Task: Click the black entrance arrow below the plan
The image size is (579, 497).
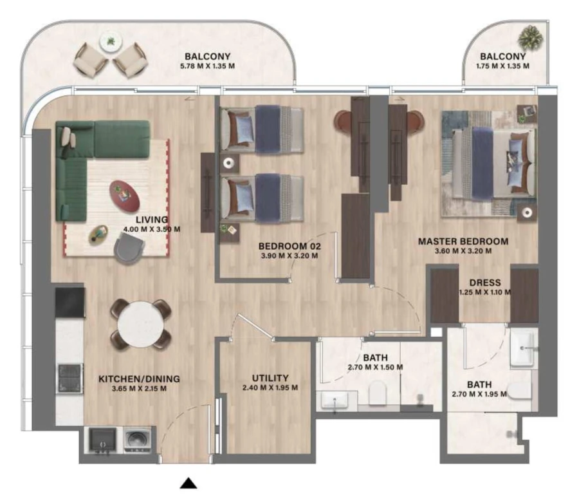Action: point(188,483)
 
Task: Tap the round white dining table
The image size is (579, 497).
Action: point(141,324)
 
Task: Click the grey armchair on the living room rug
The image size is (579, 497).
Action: point(129,247)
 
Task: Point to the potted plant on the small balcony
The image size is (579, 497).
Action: point(531,37)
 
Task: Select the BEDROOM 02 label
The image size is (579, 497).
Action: point(289,245)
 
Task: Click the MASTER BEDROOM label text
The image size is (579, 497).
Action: point(463,241)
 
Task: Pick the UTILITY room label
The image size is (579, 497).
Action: point(270,378)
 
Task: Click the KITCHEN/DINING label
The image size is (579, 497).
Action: point(139,379)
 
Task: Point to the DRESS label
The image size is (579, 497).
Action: point(485,281)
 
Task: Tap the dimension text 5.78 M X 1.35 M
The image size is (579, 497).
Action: point(207,66)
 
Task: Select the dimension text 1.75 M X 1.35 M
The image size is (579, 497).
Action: point(502,66)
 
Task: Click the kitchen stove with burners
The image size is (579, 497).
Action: point(70,378)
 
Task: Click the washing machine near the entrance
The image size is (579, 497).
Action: point(136,441)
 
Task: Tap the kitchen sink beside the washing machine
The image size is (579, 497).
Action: point(102,441)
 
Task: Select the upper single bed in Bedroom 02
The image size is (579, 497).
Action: point(261,130)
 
